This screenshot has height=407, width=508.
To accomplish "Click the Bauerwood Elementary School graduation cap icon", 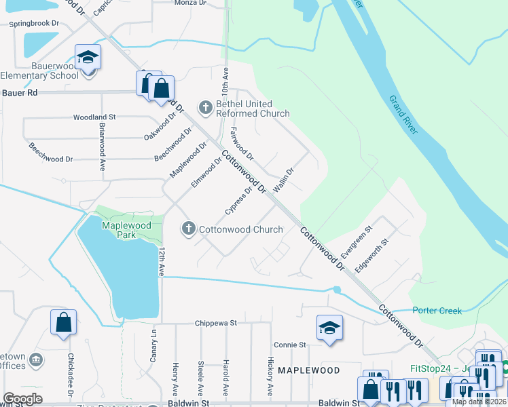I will (x=88, y=57).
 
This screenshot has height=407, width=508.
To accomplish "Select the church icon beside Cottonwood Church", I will (x=189, y=229).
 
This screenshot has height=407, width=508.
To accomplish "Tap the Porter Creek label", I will (x=437, y=311).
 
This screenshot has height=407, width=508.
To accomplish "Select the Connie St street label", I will (x=289, y=345).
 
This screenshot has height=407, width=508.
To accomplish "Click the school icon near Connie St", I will (x=329, y=328).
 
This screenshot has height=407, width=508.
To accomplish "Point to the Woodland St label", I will (x=95, y=117).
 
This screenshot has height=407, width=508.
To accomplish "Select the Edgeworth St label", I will (x=375, y=254).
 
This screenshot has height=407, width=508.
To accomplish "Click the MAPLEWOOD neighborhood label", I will (x=308, y=370).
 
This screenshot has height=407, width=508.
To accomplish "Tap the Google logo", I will (x=22, y=399).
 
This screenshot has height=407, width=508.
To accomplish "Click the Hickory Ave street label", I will (x=270, y=376).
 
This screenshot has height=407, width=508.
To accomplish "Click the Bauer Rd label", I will (x=18, y=92).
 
